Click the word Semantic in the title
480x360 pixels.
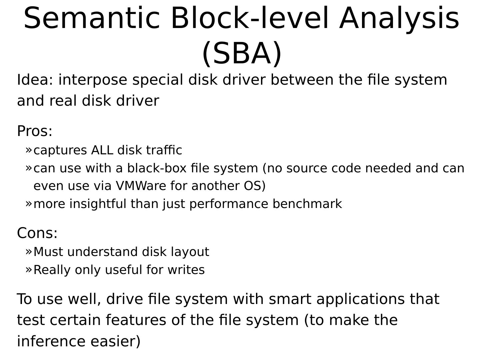[x=92, y=18]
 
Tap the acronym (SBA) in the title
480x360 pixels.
[x=242, y=53]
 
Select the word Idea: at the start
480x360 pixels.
[x=35, y=80]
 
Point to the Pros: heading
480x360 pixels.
[x=35, y=131]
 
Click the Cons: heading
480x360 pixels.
[x=37, y=233]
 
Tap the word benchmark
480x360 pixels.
[x=307, y=204]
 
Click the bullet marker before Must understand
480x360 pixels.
[x=29, y=251]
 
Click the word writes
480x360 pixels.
[x=186, y=270]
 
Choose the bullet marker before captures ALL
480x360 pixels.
[x=29, y=150]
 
